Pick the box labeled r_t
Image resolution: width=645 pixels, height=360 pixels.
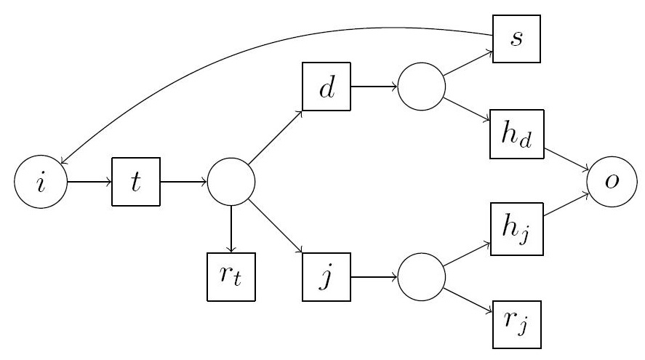point(231,277)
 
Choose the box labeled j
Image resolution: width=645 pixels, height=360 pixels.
point(326,277)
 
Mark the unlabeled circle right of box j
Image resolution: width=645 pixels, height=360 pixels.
point(421,277)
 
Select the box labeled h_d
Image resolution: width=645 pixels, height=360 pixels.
point(517,135)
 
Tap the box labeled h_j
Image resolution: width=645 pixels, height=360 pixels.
point(517,230)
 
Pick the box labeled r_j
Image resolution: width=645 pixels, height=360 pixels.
point(517,324)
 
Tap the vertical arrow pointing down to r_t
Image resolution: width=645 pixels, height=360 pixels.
point(231,229)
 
